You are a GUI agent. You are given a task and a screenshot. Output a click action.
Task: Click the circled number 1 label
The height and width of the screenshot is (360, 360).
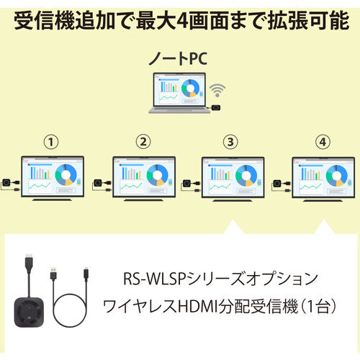coord(51,142)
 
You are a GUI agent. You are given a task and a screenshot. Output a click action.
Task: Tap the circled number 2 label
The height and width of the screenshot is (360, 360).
coord(143,142)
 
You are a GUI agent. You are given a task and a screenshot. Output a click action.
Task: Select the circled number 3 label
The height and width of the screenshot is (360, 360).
coord(230,142)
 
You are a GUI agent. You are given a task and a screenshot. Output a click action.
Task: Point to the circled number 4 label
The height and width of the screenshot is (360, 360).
coord(323,142)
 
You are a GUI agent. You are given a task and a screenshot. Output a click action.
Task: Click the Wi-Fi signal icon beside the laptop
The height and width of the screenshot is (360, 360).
coord(217,90)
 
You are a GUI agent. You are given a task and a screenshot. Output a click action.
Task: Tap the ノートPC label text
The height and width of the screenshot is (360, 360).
coord(178,58)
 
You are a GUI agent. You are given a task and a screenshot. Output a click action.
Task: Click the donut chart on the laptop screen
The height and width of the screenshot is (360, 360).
coord(190,89)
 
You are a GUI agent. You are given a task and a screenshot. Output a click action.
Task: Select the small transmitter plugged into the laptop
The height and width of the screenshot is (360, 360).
coord(216,108)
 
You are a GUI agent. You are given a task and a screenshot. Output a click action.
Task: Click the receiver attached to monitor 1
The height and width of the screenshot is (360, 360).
coord(6,183)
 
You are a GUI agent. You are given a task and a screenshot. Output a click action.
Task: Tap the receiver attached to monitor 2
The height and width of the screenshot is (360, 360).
coord(98,183)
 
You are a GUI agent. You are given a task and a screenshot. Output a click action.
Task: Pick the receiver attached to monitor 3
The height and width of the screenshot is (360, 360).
coord(186,184)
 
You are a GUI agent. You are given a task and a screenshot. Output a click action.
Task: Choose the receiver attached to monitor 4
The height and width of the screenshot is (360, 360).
coord(277,184)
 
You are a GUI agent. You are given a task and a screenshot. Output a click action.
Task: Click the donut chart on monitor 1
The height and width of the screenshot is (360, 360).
coord(66,175)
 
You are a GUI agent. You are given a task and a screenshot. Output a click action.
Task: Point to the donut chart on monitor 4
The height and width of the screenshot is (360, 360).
coord(337,176)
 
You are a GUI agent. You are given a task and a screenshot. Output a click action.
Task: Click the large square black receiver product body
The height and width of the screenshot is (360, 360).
coord(30,312)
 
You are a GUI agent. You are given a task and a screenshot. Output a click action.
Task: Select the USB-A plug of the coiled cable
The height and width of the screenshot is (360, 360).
coord(53,274)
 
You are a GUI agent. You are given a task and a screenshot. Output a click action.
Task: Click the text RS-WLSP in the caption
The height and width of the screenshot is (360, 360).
coord(155,279)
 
